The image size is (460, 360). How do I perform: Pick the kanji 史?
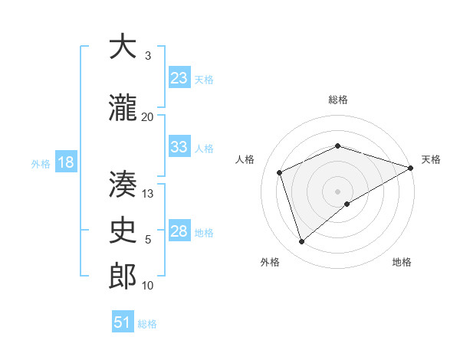(123, 229)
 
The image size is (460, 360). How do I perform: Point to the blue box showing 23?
(179, 78)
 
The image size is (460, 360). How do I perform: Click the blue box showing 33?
(179, 147)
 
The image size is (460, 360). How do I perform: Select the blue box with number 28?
(179, 231)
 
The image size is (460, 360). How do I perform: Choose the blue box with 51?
(123, 322)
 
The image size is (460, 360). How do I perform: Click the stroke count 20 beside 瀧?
(147, 116)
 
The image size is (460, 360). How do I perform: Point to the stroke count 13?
(148, 194)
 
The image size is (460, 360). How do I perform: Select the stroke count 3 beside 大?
(148, 55)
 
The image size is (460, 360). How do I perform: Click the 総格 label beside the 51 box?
(148, 324)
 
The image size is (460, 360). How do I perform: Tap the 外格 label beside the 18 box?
(41, 163)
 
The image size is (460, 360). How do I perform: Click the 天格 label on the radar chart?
(431, 159)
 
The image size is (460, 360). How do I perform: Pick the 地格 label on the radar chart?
(402, 262)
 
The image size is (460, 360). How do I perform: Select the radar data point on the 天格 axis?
(411, 167)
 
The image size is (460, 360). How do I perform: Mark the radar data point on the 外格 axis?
(302, 242)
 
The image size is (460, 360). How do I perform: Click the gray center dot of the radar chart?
(337, 191)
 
